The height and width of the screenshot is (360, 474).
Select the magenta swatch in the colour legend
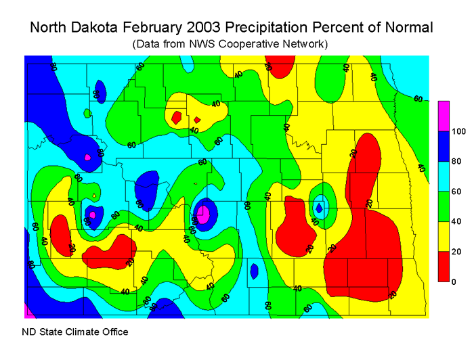click(444, 116)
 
